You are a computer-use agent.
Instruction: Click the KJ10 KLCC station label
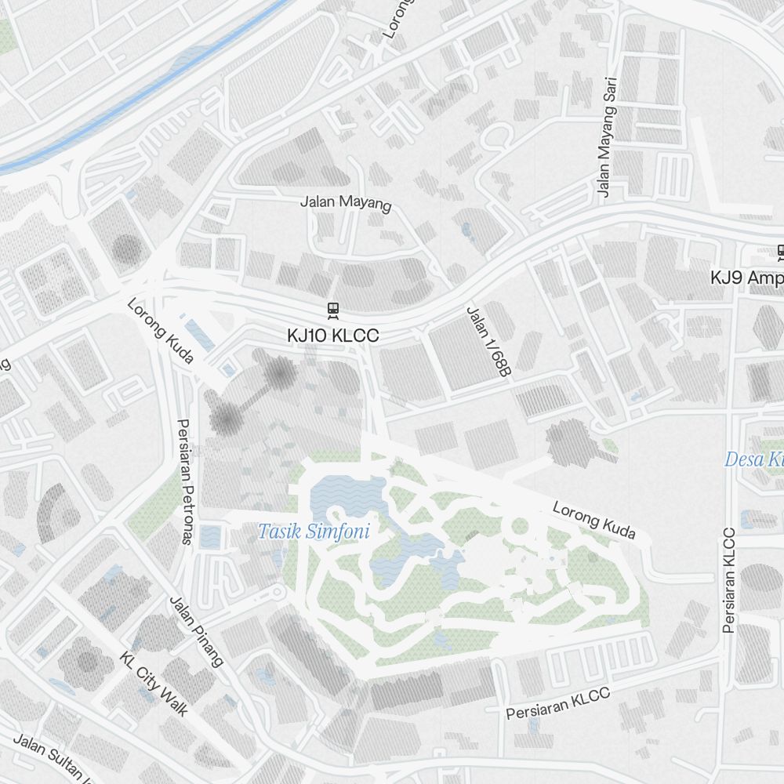click(x=332, y=336)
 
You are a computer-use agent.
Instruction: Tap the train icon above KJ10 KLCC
click(x=333, y=310)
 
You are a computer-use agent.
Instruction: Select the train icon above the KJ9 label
click(x=780, y=252)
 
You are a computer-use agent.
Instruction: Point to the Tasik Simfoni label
click(x=314, y=532)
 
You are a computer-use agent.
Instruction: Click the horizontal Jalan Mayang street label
click(x=345, y=202)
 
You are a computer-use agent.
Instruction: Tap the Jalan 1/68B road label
click(x=488, y=342)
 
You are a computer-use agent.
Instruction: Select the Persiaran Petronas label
click(x=186, y=480)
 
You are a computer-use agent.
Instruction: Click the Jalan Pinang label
click(x=196, y=630)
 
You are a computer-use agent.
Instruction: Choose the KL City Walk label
click(x=154, y=683)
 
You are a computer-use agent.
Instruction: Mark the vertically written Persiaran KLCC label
click(x=730, y=580)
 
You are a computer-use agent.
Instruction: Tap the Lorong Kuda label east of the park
click(x=593, y=520)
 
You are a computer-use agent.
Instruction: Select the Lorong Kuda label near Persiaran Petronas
click(x=160, y=330)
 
